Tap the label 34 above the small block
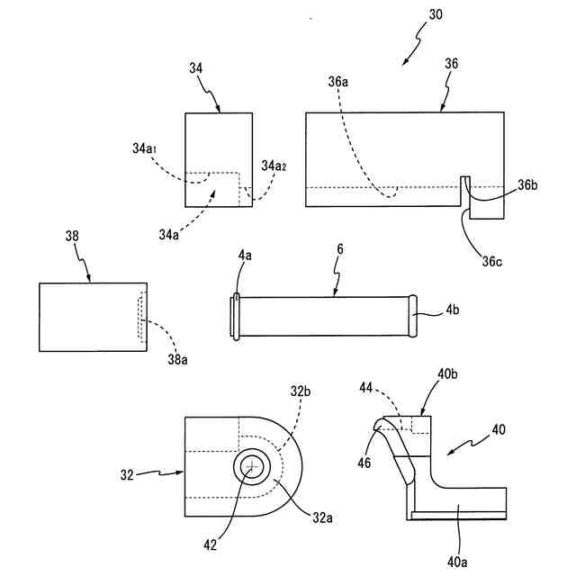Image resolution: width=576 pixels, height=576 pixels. (x=197, y=67)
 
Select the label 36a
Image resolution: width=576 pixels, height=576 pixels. (x=338, y=82)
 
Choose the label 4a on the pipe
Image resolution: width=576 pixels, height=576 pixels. (x=245, y=256)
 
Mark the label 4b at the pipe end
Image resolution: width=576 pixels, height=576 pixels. (x=452, y=311)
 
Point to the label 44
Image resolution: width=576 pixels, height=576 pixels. (x=366, y=386)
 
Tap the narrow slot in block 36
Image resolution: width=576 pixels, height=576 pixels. (x=465, y=191)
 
